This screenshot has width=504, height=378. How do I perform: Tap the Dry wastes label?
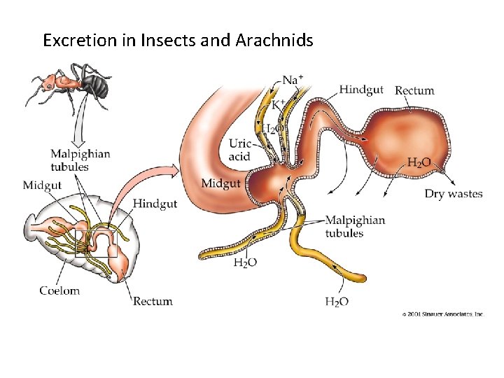pyautogui.click(x=454, y=194)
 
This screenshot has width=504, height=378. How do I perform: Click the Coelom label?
pyautogui.click(x=59, y=290)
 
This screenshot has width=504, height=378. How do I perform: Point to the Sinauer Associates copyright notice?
pyautogui.click(x=442, y=314)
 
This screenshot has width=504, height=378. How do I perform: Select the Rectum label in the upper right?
pyautogui.click(x=414, y=90)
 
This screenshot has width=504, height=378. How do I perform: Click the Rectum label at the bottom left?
pyautogui.click(x=153, y=301)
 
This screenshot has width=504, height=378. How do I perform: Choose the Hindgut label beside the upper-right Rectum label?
pyautogui.click(x=361, y=90)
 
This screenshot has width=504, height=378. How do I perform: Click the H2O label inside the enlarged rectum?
pyautogui.click(x=419, y=162)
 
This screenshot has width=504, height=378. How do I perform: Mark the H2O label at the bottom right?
pyautogui.click(x=337, y=302)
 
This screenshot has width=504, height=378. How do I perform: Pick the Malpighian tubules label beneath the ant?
pyautogui.click(x=79, y=160)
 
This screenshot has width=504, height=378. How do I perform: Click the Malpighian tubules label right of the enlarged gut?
pyautogui.click(x=354, y=226)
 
